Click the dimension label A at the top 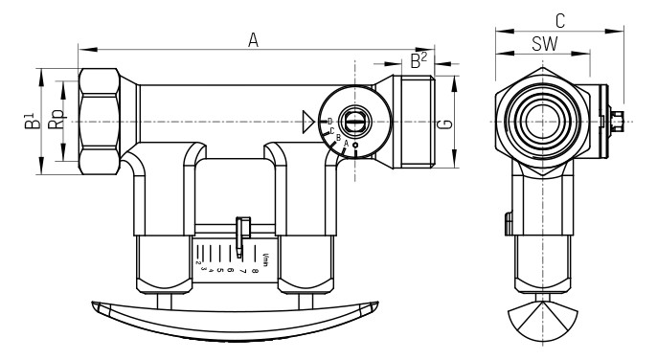(254, 39)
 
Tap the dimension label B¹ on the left (31, 123)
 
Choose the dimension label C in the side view (559, 19)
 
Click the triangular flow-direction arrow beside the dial (307, 122)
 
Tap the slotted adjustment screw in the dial (354, 121)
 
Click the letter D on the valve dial (329, 121)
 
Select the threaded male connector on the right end (415, 122)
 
